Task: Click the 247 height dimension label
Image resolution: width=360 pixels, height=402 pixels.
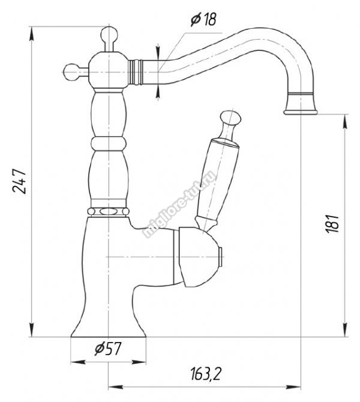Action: pyautogui.click(x=19, y=181)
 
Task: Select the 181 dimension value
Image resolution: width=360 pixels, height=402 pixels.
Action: pyautogui.click(x=332, y=223)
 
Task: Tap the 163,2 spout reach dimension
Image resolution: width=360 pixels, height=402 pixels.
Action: pyautogui.click(x=205, y=374)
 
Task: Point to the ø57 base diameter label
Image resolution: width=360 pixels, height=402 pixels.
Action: pyautogui.click(x=107, y=349)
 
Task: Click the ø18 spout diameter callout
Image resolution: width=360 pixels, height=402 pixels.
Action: pyautogui.click(x=204, y=19)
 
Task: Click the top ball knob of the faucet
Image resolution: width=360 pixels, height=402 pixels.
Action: pyautogui.click(x=109, y=35)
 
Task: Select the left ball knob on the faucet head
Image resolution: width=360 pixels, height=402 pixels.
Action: pyautogui.click(x=71, y=72)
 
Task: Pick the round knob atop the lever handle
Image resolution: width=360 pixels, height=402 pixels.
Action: pyautogui.click(x=231, y=118)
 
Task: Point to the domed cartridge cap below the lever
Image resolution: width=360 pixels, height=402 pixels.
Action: pyautogui.click(x=198, y=257)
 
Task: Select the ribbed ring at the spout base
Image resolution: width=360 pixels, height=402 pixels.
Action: pyautogui.click(x=135, y=72)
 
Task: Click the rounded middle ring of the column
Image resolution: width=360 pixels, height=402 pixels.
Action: pyautogui.click(x=109, y=144)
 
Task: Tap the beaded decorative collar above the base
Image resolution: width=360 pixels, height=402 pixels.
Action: pyautogui.click(x=108, y=212)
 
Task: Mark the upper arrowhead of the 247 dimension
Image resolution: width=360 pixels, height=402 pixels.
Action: pyautogui.click(x=32, y=34)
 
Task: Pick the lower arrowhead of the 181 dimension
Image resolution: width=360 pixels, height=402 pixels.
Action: pyautogui.click(x=346, y=329)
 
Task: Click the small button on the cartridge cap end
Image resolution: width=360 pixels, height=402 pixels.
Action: pyautogui.click(x=220, y=257)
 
